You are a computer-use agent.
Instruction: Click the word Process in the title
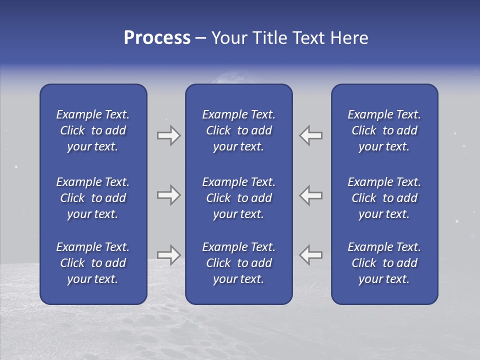157,38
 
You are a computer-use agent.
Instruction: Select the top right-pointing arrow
169,135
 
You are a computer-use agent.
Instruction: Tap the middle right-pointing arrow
169,195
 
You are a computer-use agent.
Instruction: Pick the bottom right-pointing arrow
169,255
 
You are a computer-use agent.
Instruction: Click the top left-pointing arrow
310,135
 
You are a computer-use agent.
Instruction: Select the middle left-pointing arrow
310,195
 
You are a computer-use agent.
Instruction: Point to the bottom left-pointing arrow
310,255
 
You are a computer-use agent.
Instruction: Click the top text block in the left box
93,130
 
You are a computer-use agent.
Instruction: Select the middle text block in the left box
93,198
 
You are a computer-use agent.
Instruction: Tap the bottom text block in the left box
93,263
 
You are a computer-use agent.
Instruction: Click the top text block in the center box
238,130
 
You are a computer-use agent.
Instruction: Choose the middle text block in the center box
238,198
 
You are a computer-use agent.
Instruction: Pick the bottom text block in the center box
238,263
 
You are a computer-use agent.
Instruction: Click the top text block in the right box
384,130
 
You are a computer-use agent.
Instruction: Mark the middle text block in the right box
384,198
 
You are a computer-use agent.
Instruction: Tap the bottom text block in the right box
384,263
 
